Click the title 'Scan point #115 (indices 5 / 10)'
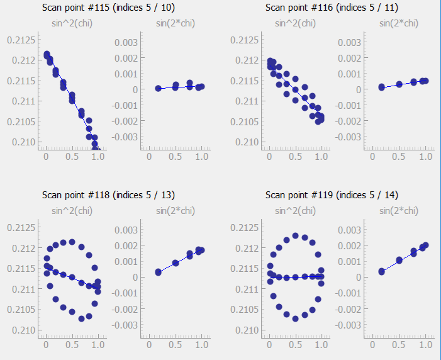108,8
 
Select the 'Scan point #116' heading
331,8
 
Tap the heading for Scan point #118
108,195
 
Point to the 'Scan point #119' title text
331,195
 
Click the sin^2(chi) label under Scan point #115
72,23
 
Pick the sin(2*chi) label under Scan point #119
398,211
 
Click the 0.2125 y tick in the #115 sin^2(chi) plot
20,40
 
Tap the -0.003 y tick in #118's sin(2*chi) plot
124,325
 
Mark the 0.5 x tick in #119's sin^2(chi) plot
296,346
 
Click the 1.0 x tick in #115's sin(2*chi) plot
202,158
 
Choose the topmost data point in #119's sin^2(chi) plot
296,235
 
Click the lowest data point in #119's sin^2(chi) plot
296,318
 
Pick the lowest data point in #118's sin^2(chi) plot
81,318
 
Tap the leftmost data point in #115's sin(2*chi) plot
158,89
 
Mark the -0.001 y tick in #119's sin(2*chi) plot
347,293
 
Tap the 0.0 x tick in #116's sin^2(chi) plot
269,158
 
